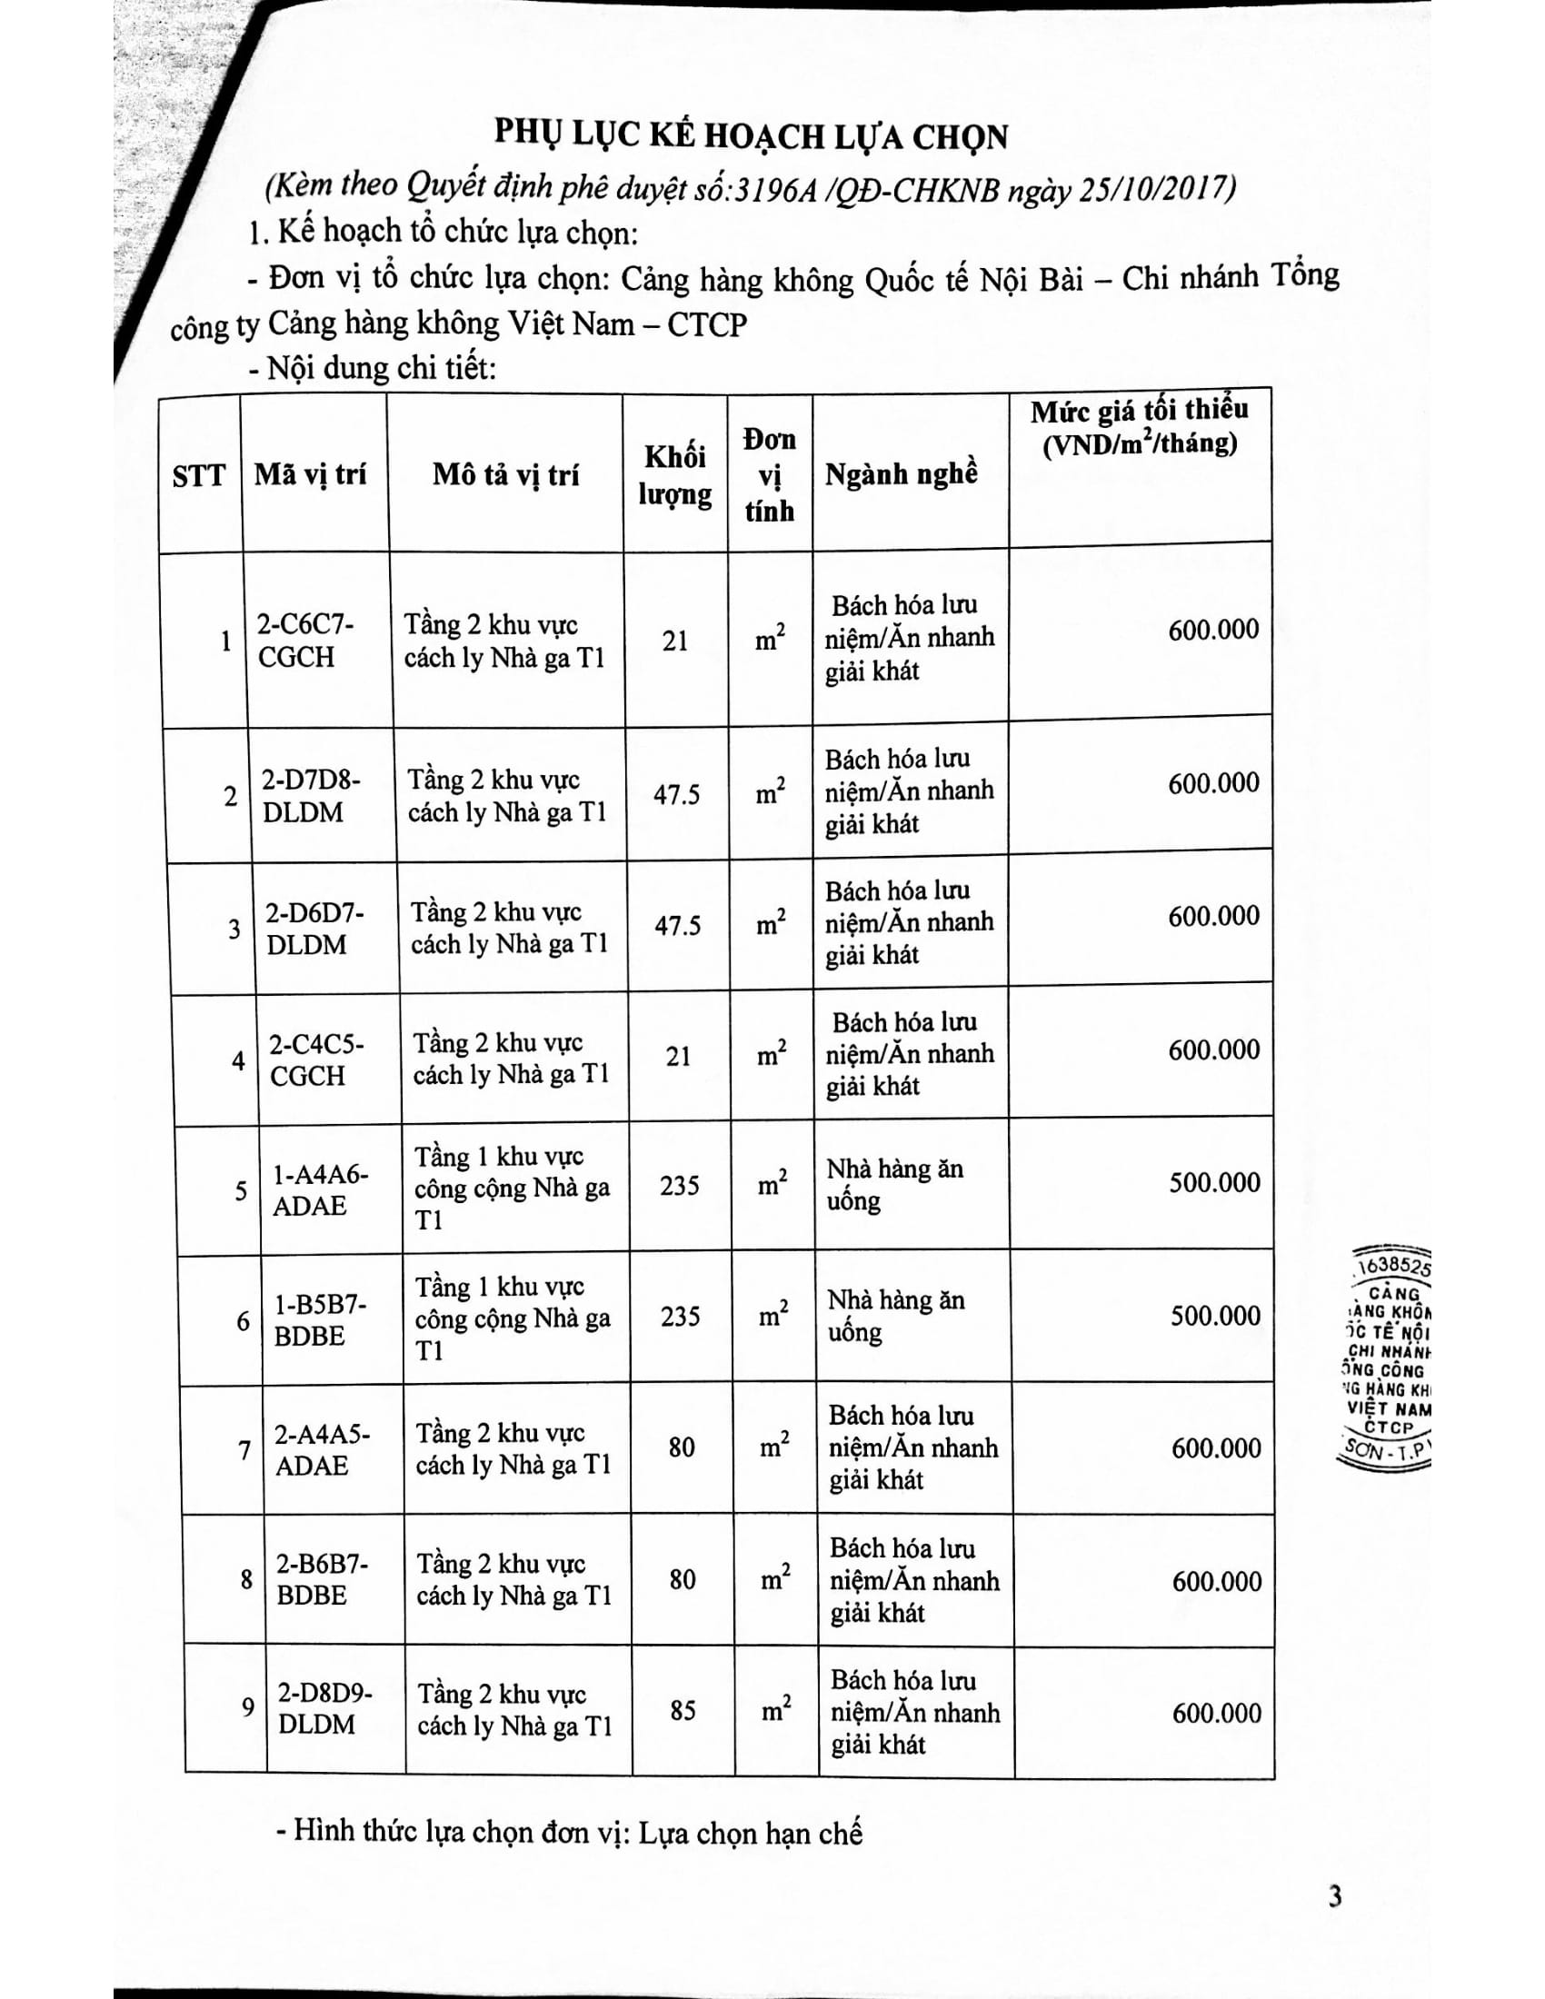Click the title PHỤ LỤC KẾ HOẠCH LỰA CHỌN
point(751,136)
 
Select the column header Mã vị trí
point(310,474)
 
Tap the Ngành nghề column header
point(901,474)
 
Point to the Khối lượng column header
point(674,475)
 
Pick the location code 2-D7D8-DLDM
point(309,795)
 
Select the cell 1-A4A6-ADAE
point(319,1190)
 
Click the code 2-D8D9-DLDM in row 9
point(325,1708)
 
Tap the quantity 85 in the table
point(683,1710)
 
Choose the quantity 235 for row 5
point(679,1186)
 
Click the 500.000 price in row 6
point(1214,1317)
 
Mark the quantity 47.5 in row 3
point(677,925)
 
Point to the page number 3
point(1335,1896)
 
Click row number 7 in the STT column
point(244,1450)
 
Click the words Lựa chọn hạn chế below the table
point(751,1833)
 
